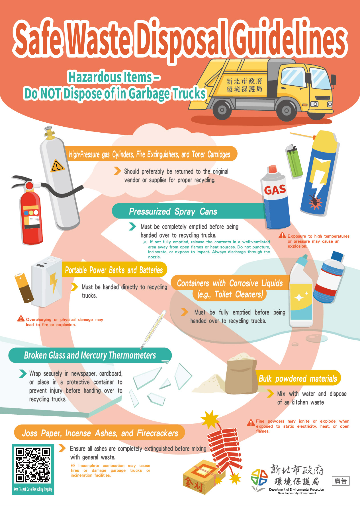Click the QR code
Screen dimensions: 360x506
(33, 465)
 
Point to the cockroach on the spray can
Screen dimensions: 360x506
(315, 201)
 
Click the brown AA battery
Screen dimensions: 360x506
(24, 288)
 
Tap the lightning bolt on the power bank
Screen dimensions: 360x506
(54, 283)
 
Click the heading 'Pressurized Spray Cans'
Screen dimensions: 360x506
(173, 211)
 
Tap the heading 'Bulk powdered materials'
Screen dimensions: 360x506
(298, 379)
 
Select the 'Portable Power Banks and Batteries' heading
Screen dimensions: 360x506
(114, 270)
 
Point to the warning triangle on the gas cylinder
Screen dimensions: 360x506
(57, 166)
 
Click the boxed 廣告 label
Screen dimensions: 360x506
(341, 481)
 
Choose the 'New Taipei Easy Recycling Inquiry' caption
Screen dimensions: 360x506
(33, 489)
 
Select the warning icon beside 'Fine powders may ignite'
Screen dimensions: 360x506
(251, 423)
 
